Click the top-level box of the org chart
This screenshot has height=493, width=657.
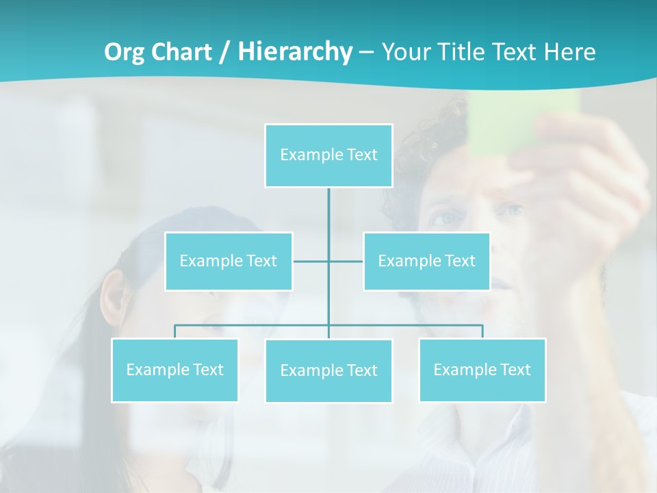click(328, 155)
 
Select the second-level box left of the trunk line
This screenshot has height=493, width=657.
click(229, 261)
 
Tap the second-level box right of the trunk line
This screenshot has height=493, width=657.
click(426, 261)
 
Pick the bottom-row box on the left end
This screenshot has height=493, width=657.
click(175, 370)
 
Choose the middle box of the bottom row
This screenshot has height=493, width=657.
click(328, 370)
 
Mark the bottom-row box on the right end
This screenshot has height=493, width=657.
click(482, 370)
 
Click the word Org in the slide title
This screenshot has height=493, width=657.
click(124, 52)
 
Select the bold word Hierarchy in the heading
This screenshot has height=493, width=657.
click(295, 52)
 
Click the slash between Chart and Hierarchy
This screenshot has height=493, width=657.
click(226, 52)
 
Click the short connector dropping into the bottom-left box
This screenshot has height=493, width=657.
click(175, 331)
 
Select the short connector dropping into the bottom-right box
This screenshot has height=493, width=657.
click(482, 331)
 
